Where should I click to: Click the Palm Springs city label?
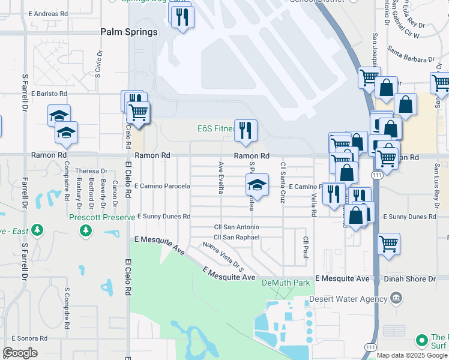[128, 32]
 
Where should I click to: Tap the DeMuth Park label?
[285, 282]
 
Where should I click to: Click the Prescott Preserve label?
[102, 217]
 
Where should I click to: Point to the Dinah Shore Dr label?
[414, 279]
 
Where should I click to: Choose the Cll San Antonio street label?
[237, 227]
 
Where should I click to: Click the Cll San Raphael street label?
[237, 237]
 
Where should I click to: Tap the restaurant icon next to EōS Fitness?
[245, 131]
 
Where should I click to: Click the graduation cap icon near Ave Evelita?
[257, 185]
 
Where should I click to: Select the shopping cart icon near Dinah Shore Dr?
[389, 244]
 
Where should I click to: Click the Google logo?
[20, 353]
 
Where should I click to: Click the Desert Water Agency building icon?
[396, 298]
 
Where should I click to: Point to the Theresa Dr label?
[91, 171]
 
